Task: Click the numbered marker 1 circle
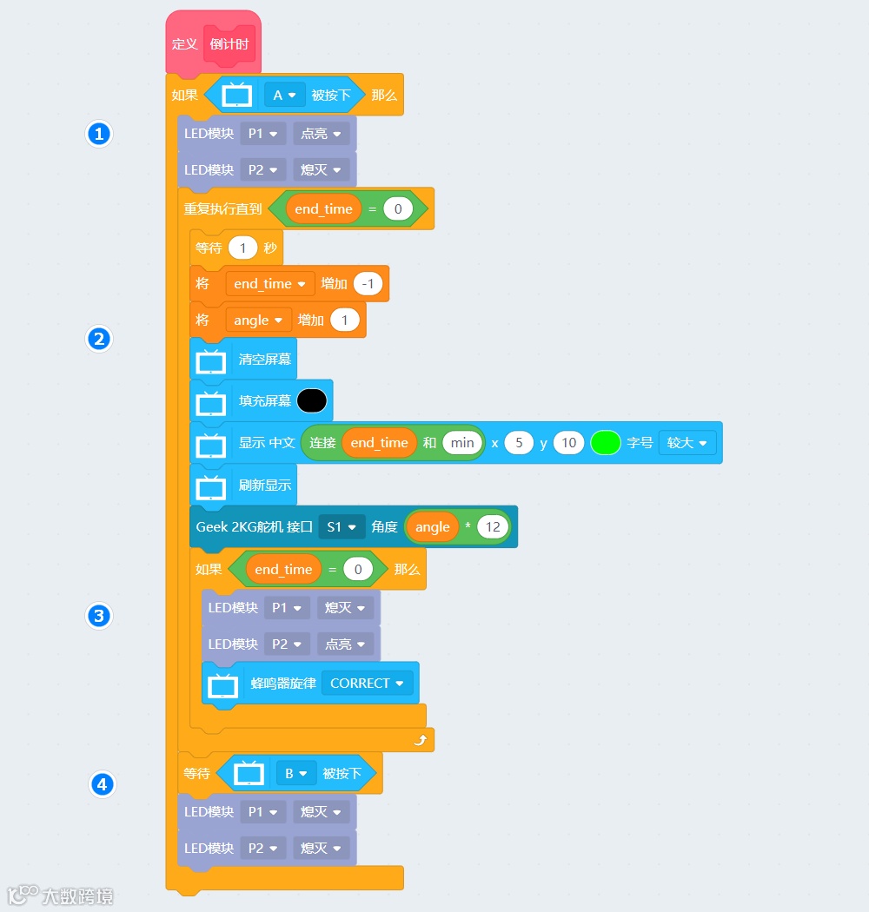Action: [99, 134]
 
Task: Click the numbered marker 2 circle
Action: [99, 339]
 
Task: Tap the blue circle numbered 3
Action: [99, 617]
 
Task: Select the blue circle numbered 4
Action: [102, 784]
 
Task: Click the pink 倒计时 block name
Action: [229, 44]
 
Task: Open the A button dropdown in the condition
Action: [284, 96]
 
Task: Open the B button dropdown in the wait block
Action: [295, 773]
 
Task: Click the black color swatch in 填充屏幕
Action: [312, 400]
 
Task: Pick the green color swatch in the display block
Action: [605, 443]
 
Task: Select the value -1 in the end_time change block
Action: [368, 284]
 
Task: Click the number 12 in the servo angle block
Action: [493, 527]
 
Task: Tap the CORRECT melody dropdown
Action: [366, 684]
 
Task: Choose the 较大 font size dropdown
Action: [687, 443]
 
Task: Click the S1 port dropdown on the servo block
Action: [341, 527]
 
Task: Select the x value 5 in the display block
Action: [519, 443]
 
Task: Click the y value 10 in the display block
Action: [568, 443]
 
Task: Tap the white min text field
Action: [462, 443]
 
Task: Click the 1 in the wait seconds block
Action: [242, 248]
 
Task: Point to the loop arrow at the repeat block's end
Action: [420, 740]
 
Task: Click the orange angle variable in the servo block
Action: [433, 527]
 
